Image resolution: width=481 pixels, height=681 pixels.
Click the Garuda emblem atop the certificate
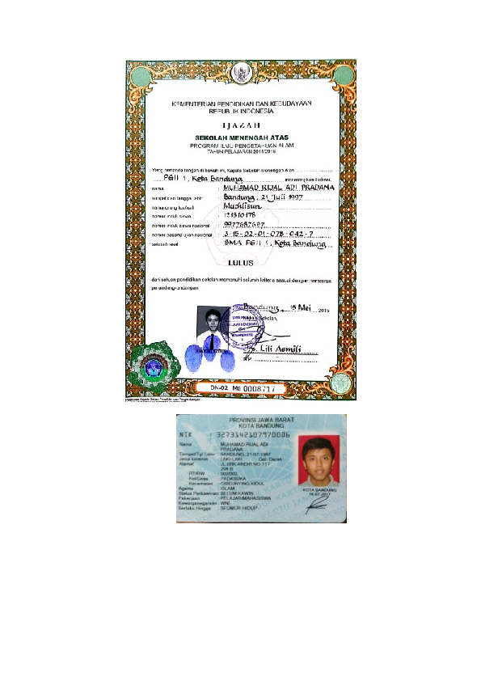[240, 71]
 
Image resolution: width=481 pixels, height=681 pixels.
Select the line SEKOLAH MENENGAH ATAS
[240, 137]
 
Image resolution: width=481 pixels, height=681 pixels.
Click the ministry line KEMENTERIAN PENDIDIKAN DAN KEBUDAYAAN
[240, 104]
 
